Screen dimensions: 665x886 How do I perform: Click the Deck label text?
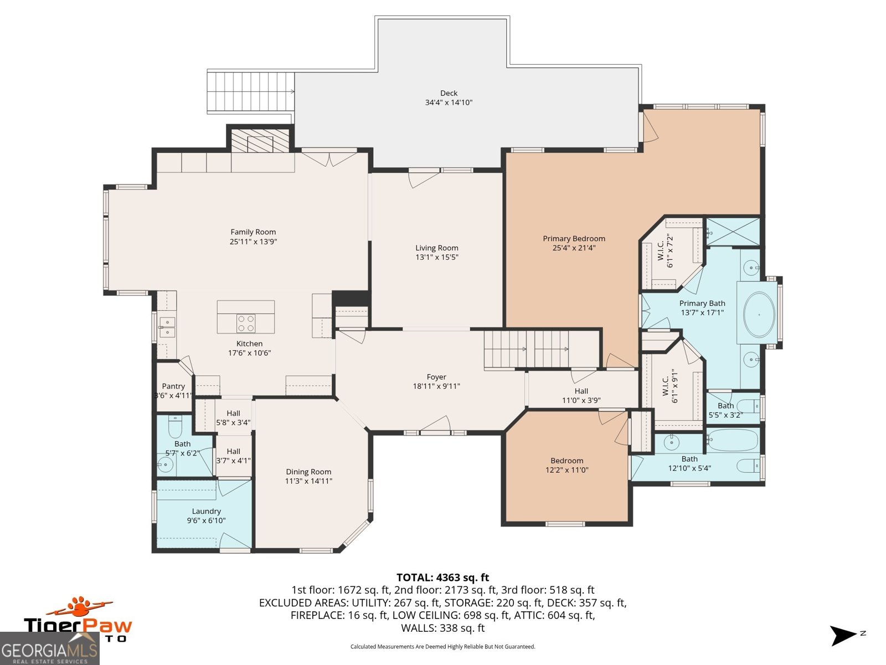tap(449, 93)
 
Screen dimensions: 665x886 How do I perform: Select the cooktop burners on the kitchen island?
tap(246, 323)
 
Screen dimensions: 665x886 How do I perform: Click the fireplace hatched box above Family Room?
tap(260, 141)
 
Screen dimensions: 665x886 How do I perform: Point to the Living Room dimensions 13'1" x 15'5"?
tap(437, 257)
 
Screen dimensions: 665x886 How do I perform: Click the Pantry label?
tap(173, 386)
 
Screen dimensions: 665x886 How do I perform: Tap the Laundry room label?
tap(206, 511)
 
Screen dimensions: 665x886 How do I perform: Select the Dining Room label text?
tap(308, 472)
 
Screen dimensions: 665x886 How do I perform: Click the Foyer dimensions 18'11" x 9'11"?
tap(436, 386)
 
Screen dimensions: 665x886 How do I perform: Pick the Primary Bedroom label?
tap(574, 238)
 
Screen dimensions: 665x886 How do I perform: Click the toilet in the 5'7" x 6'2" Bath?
tap(175, 427)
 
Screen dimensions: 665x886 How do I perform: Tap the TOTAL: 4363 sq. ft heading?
tap(442, 577)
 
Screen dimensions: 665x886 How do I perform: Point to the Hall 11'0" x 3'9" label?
tap(581, 391)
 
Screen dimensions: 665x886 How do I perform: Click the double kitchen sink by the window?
tap(167, 327)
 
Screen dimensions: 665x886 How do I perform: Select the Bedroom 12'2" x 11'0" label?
tap(566, 461)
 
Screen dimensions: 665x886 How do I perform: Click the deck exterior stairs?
tap(250, 91)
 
